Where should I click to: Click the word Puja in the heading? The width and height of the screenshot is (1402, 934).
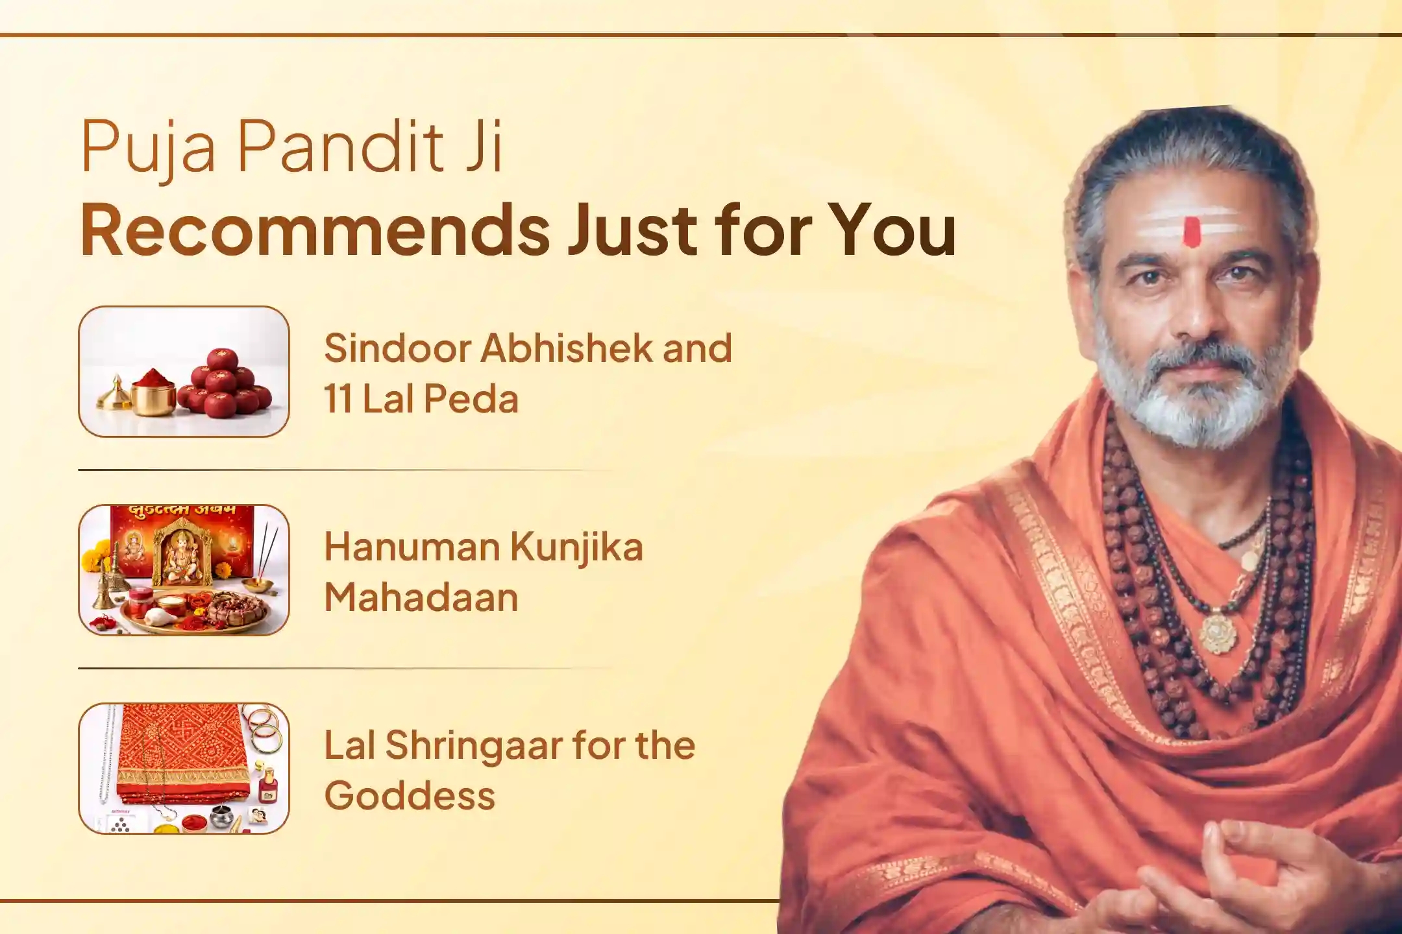tap(149, 149)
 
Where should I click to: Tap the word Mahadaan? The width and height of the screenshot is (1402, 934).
tap(421, 597)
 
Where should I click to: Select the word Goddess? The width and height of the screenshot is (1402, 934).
tap(410, 796)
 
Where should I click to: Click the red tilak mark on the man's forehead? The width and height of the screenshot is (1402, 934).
tap(1192, 232)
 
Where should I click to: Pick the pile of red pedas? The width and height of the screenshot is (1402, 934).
tap(224, 385)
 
